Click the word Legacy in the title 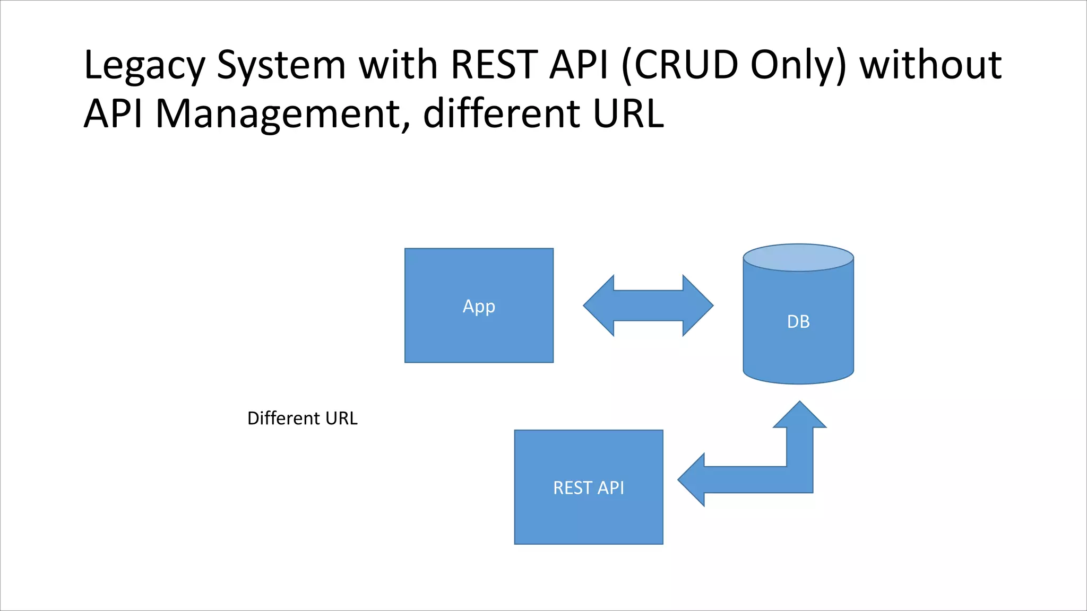point(144,66)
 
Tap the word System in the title point(281,66)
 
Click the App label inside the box point(479,307)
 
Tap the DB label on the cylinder point(798,321)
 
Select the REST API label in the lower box point(588,487)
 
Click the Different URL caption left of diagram point(303,418)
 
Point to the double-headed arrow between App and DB point(648,305)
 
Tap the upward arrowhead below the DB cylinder point(799,416)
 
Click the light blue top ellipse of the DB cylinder point(798,258)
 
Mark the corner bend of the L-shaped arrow point(799,479)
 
